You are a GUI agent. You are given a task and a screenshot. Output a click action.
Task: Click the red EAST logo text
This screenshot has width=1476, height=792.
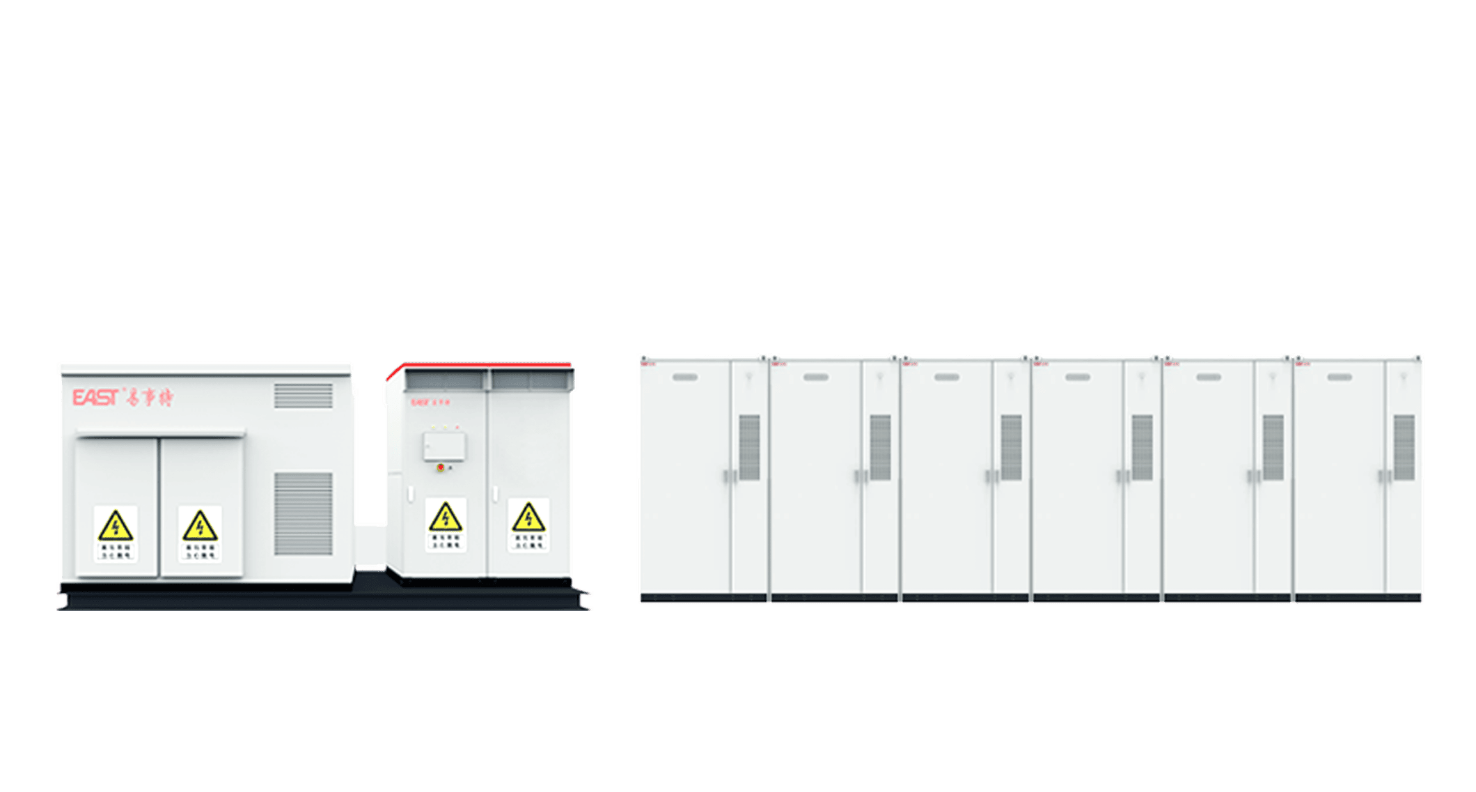pyautogui.click(x=97, y=397)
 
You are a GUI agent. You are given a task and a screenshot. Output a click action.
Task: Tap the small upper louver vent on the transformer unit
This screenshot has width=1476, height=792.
pyautogui.click(x=303, y=396)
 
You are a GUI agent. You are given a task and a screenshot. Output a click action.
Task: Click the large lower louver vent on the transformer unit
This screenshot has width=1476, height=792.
pyautogui.click(x=303, y=514)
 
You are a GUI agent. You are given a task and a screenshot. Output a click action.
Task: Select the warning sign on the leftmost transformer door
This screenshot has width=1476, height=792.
pyautogui.click(x=116, y=534)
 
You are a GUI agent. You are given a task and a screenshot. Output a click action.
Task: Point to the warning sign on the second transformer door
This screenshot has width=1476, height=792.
pyautogui.click(x=201, y=534)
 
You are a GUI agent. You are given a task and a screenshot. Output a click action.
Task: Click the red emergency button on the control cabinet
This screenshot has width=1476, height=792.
pyautogui.click(x=440, y=467)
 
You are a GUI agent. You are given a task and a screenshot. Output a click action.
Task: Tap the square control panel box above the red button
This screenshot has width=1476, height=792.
pyautogui.click(x=444, y=447)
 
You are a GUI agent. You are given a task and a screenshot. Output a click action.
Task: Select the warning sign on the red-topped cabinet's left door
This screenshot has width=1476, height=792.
pyautogui.click(x=446, y=524)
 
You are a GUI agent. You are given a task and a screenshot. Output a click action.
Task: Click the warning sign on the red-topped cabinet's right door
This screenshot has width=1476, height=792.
pyautogui.click(x=528, y=524)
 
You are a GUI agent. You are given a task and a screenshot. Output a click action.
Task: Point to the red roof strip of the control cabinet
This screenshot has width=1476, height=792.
pyautogui.click(x=480, y=364)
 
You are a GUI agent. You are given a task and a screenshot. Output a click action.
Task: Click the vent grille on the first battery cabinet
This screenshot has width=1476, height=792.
pyautogui.click(x=749, y=447)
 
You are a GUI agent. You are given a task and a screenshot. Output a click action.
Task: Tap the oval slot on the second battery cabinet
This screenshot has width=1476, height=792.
pyautogui.click(x=815, y=378)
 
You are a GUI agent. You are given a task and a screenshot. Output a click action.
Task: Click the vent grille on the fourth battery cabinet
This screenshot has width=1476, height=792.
pyautogui.click(x=1142, y=447)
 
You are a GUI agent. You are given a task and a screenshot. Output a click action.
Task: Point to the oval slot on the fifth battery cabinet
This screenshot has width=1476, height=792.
pyautogui.click(x=1208, y=378)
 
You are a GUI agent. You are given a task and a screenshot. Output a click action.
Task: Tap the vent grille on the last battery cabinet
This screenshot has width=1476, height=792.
pyautogui.click(x=1404, y=447)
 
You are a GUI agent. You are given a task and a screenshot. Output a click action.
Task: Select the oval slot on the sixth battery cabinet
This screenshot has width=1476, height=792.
pyautogui.click(x=1339, y=378)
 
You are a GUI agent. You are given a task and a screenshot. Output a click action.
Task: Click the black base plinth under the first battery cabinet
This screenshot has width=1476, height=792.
pyautogui.click(x=703, y=598)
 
